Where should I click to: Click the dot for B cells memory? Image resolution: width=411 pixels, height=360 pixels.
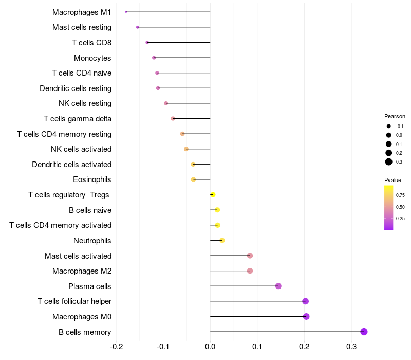coord(364,332)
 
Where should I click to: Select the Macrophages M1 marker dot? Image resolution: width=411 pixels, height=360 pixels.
coord(126,12)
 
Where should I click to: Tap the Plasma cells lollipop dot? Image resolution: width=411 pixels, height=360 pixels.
coord(278,286)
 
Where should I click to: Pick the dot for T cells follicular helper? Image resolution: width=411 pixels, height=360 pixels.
coord(306,301)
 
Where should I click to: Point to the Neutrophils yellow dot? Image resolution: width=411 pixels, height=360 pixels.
coord(222,240)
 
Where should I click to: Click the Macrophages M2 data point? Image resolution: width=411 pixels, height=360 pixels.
coord(250,271)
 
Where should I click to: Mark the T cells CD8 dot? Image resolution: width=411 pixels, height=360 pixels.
coord(147,42)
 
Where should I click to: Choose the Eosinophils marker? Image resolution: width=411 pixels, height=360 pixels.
coord(194,179)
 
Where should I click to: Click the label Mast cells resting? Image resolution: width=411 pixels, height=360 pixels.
coord(82,27)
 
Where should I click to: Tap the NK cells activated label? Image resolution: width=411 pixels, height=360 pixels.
coord(81,149)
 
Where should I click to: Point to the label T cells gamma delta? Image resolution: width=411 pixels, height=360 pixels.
coord(78,119)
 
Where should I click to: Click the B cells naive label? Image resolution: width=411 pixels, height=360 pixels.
coord(90,210)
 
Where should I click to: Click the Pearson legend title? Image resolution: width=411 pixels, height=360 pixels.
coord(395,116)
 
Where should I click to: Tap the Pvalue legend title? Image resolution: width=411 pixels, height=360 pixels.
coord(393,180)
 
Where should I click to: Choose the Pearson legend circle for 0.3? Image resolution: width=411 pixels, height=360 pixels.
coord(389,162)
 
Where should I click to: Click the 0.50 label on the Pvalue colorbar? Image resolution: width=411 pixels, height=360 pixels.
coord(400,207)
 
